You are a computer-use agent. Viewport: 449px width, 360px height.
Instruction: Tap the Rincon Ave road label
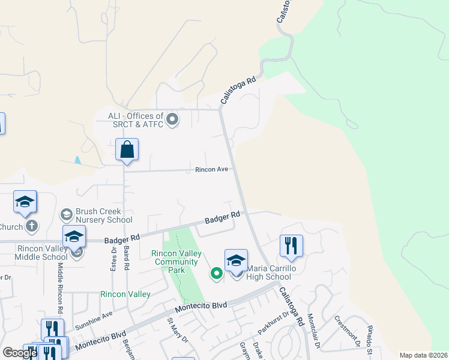tap(211, 170)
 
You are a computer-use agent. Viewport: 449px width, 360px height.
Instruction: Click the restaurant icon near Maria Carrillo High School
tap(291, 246)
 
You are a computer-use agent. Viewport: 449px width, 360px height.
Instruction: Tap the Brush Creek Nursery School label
tap(104, 215)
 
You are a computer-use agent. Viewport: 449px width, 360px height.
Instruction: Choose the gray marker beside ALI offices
tap(173, 120)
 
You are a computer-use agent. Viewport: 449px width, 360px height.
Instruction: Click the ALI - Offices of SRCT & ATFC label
tap(136, 119)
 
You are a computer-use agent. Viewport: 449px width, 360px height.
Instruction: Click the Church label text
tap(11, 227)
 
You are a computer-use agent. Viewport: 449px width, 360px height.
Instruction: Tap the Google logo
tap(20, 353)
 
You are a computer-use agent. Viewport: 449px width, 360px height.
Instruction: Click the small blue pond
tap(78, 160)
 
